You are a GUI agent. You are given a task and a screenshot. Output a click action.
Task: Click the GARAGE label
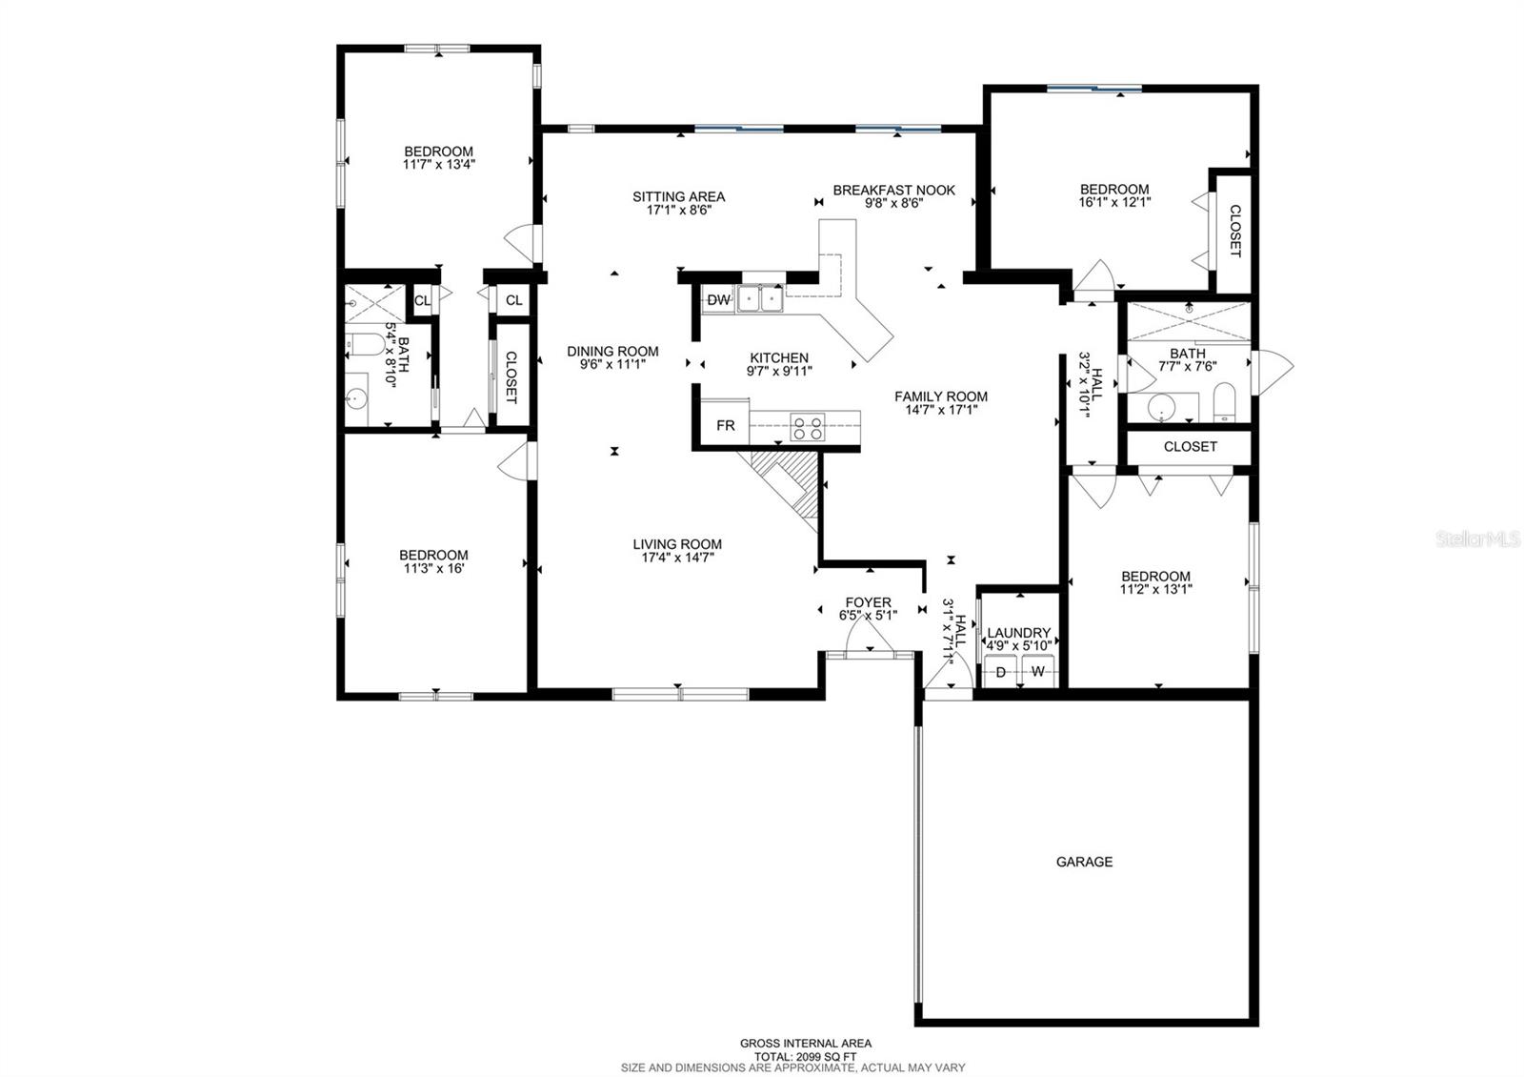(x=1084, y=862)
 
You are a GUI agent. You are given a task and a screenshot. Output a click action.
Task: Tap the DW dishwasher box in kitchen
(x=719, y=300)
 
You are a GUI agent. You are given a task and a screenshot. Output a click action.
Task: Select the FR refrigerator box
(x=726, y=425)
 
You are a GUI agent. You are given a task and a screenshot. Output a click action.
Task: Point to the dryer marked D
(x=1001, y=672)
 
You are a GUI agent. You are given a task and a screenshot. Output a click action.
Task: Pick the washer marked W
(x=1039, y=672)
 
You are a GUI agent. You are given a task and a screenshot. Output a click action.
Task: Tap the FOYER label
(x=869, y=602)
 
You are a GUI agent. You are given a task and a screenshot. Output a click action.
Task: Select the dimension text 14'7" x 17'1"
(x=940, y=410)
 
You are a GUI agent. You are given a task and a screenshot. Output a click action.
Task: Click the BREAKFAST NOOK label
(x=893, y=190)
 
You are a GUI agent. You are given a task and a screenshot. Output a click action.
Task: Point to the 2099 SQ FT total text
(x=805, y=1056)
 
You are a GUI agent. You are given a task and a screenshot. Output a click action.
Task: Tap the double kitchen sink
(x=759, y=299)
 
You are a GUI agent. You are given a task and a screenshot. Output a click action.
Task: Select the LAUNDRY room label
(x=1018, y=633)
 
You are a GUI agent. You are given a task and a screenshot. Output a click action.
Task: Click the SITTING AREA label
(x=678, y=196)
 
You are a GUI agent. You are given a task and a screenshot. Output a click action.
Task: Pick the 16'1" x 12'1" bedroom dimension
(x=1113, y=202)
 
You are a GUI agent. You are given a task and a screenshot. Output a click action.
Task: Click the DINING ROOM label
(x=612, y=351)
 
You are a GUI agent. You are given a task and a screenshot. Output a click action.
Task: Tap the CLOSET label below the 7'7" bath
(x=1190, y=446)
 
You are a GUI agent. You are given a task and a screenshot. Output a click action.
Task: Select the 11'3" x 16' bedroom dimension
(x=433, y=568)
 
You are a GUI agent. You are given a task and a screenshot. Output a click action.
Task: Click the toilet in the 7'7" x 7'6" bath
(x=1225, y=402)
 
